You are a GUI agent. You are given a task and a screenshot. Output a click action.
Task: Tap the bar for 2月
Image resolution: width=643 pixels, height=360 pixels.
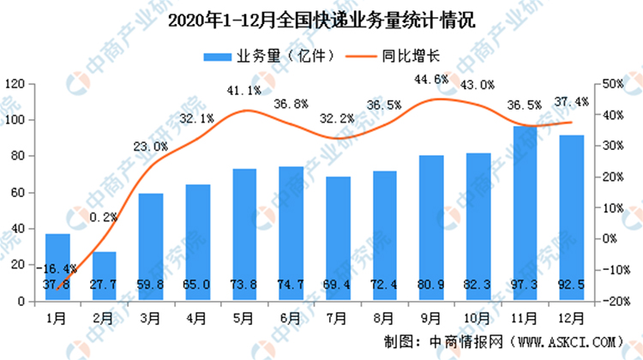pos(105,276)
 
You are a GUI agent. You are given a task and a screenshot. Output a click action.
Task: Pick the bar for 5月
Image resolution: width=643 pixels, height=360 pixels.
pos(244,235)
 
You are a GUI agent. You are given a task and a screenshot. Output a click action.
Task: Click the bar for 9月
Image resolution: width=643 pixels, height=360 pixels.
pos(431,229)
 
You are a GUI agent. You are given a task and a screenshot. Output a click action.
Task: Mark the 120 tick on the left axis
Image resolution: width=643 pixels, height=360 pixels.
pos(13,84)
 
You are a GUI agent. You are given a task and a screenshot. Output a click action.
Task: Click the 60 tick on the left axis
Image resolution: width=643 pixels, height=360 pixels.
pos(16,193)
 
